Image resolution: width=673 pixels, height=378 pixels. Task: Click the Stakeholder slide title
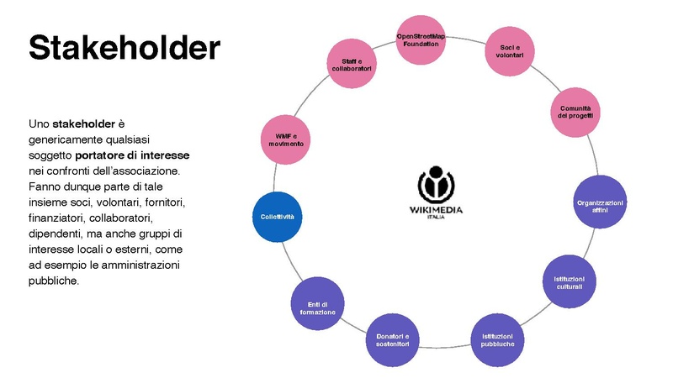(125, 47)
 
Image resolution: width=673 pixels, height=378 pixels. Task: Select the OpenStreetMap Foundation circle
(421, 40)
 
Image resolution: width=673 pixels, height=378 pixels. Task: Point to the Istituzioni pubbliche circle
(497, 339)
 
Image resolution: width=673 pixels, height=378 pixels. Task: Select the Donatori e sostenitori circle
(392, 341)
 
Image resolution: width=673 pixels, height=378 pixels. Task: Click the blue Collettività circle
(277, 218)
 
